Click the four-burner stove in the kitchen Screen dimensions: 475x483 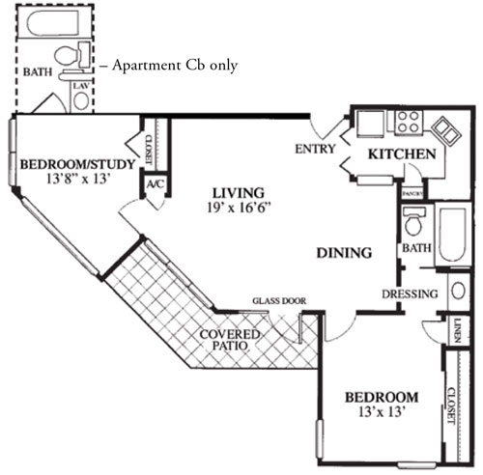tap(407, 122)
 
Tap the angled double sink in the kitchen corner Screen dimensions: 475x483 tap(445, 130)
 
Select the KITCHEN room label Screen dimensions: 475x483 tap(401, 154)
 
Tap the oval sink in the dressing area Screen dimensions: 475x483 tap(458, 292)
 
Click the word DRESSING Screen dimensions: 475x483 tap(411, 293)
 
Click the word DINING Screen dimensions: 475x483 tap(344, 254)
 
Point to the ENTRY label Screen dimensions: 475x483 tap(314, 149)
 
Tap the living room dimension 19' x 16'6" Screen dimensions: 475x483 tap(240, 207)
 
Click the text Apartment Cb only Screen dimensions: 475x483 tap(174, 65)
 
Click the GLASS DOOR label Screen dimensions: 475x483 tap(279, 301)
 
